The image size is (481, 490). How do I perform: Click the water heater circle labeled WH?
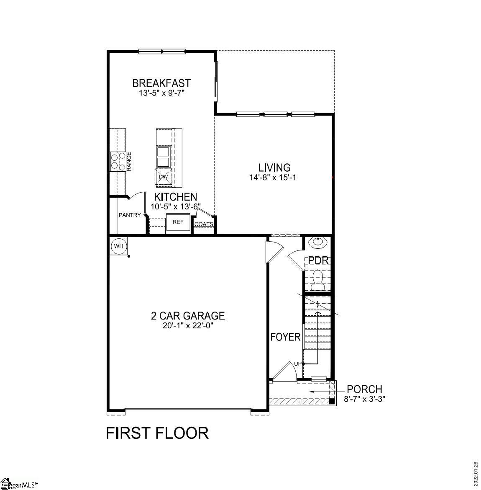tap(119, 246)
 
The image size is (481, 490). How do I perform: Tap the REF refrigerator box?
tap(178, 222)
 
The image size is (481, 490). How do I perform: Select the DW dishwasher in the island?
tap(163, 177)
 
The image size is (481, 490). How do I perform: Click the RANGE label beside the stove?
tap(129, 161)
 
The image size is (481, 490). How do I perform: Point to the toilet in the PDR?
tap(318, 279)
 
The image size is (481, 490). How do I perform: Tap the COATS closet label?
tap(204, 224)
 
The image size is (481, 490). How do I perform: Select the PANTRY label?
tap(129, 215)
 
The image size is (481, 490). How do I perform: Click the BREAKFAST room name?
tap(161, 83)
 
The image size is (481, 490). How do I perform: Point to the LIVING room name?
tap(274, 168)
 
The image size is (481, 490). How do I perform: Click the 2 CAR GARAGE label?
tap(188, 316)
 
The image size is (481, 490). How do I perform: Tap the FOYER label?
tap(286, 337)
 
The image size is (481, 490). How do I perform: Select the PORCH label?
tap(364, 389)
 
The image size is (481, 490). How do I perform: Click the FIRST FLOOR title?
tap(157, 433)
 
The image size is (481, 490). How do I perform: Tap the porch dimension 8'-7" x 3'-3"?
tap(364, 399)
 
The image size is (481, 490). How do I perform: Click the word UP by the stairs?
tap(297, 364)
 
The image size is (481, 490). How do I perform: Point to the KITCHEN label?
tap(176, 197)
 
